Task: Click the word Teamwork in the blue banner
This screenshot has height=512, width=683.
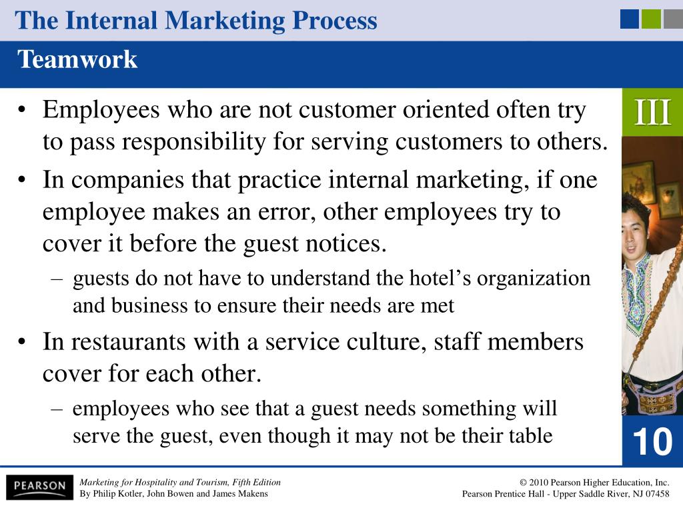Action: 77,59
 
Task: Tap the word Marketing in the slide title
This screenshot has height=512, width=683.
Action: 225,21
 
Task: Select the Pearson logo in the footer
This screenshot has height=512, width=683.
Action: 39,486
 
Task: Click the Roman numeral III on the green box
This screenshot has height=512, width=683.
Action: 652,112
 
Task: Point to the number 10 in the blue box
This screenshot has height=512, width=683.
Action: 652,441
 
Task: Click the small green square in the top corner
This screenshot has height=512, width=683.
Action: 651,19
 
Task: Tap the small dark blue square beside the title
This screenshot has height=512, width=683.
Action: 630,19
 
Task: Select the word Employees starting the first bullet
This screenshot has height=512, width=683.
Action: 101,111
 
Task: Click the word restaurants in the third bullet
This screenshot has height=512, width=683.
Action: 128,342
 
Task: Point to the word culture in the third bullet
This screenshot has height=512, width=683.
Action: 386,342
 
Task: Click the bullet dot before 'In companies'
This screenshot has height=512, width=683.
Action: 22,180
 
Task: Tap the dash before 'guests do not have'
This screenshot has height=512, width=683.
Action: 57,279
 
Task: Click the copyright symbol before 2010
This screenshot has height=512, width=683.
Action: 523,483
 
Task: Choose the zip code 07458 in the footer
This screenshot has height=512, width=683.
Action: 657,494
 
